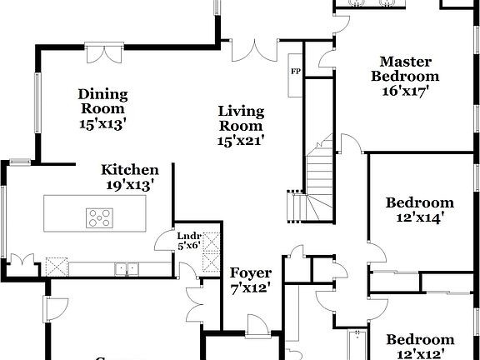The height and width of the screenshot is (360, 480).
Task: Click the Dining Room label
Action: [102, 101]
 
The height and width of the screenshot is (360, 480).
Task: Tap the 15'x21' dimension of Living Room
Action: [241, 141]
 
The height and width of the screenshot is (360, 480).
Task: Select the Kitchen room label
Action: [129, 169]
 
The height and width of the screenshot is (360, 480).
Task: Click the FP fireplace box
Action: [295, 71]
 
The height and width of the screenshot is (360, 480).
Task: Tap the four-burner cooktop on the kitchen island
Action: [99, 218]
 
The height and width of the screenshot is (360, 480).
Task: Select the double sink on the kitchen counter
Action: [127, 268]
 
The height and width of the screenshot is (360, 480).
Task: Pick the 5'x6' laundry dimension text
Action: [188, 246]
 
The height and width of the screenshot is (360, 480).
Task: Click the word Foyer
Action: [251, 272]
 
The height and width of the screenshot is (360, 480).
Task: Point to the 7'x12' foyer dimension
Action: [251, 287]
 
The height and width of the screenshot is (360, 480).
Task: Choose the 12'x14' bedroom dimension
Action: [419, 217]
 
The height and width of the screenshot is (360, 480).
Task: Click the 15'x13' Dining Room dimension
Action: [102, 123]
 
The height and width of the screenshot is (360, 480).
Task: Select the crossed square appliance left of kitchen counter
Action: [57, 267]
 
